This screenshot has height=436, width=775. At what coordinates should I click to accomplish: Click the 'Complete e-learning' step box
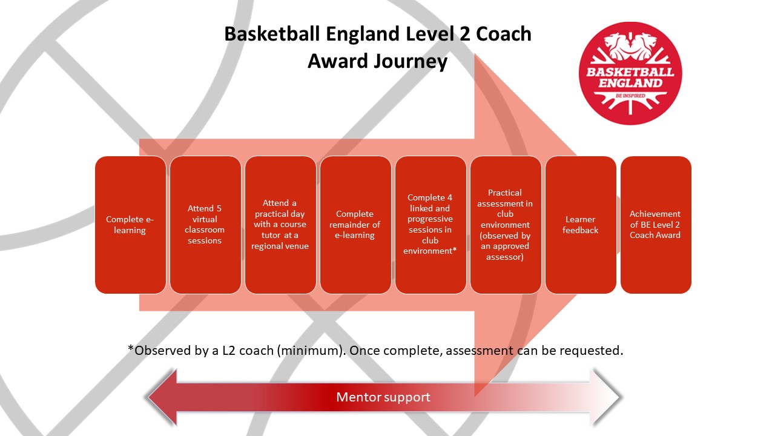130,225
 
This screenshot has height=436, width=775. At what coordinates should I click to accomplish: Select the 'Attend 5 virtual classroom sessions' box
205,225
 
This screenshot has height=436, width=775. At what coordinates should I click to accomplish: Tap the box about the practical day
280,225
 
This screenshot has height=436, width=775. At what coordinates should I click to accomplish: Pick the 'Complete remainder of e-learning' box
355,225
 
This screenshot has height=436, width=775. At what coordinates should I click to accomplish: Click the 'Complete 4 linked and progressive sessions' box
430,225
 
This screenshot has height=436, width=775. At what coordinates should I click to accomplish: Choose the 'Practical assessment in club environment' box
506,225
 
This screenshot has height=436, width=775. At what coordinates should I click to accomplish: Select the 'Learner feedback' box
581,225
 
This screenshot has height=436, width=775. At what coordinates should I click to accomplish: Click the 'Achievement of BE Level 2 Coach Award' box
656,225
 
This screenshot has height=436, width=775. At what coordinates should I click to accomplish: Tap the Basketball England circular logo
630,73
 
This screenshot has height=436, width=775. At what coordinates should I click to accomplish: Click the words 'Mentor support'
383,397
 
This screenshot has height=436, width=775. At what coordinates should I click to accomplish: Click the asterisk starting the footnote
130,348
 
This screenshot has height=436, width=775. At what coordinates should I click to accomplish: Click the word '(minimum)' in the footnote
311,351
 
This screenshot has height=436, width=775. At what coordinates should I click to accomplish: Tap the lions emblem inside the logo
630,46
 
